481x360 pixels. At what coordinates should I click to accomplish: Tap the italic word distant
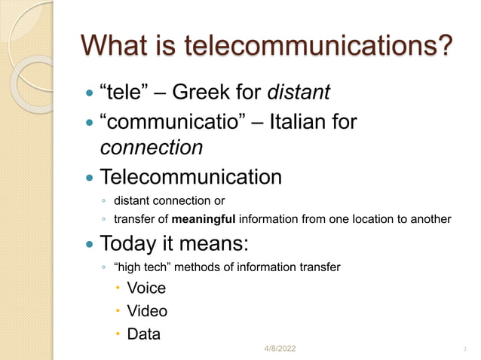[x=299, y=93]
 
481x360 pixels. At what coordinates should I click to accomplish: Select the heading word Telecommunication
[x=191, y=178]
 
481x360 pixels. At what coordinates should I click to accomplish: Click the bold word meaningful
[x=205, y=219]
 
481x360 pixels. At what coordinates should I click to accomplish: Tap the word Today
[x=130, y=245]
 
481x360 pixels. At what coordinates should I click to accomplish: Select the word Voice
[x=146, y=288]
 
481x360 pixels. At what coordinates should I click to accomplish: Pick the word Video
[x=147, y=310]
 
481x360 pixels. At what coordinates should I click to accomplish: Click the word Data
[x=143, y=334]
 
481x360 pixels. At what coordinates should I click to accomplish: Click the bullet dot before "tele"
[x=90, y=94]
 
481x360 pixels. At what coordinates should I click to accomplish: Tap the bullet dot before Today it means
[x=90, y=246]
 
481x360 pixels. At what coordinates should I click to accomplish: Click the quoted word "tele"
[x=125, y=93]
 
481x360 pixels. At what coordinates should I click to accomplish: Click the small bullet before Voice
[x=118, y=288]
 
